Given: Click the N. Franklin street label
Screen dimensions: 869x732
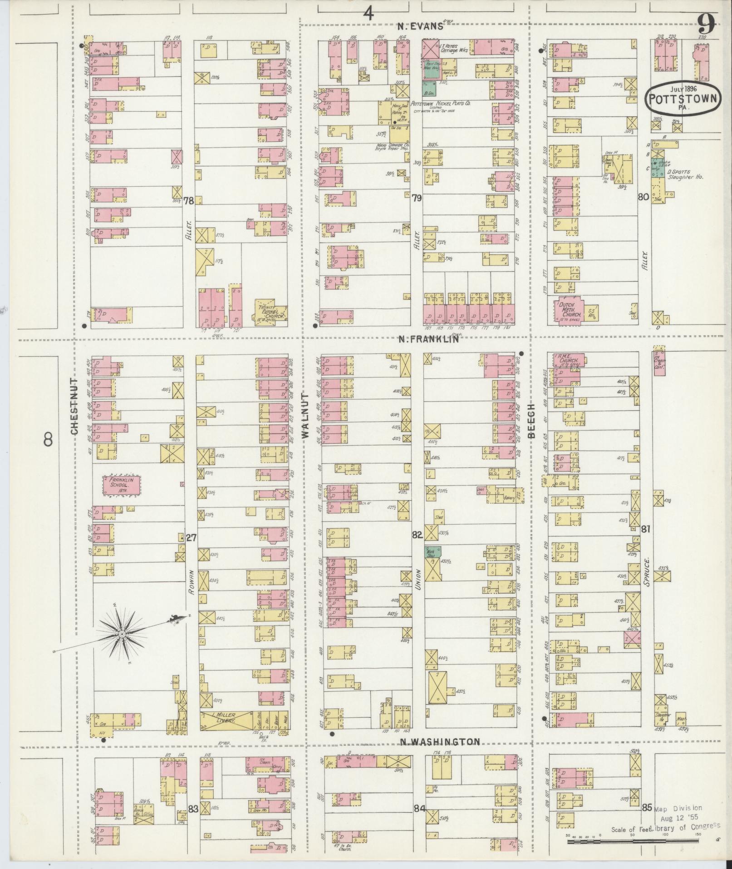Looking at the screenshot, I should (429, 339).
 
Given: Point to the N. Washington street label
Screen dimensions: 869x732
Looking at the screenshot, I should (440, 742).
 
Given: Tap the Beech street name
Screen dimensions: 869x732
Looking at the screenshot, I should (532, 421).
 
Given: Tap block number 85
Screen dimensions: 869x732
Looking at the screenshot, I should (647, 808).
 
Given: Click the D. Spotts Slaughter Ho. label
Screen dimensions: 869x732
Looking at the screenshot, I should (685, 175).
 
